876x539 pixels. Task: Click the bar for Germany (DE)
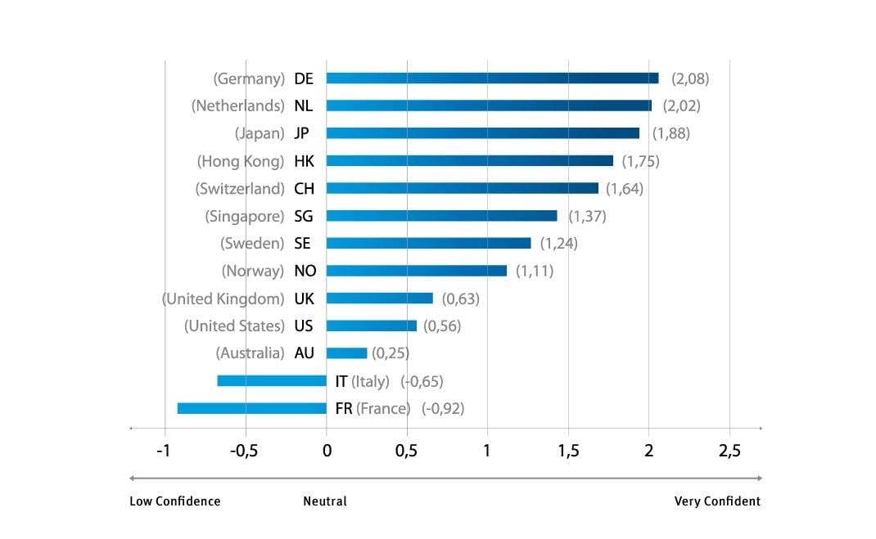492,79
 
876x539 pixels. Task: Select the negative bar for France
251,408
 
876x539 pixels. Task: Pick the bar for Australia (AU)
346,353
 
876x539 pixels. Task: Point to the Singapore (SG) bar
441,216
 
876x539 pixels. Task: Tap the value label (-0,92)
443,408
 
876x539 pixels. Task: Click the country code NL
303,106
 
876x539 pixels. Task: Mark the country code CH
304,188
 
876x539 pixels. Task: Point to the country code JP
301,133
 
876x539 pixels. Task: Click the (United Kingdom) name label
224,299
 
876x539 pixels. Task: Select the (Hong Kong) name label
241,161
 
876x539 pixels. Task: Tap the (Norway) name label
252,271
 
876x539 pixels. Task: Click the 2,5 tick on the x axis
729,451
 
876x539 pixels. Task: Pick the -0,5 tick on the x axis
244,451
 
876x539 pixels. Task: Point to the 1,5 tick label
569,451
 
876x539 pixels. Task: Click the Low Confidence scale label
174,501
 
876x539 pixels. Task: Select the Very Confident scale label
717,501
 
